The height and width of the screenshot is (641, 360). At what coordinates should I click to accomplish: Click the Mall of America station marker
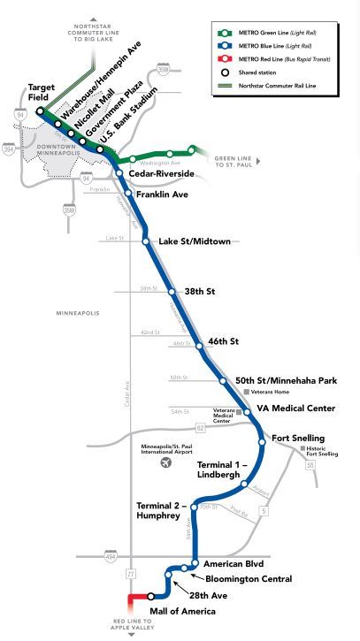[x=151, y=597]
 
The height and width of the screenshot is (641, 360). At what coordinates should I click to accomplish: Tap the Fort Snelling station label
[x=298, y=439]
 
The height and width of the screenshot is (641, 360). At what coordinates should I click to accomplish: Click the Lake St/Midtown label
[x=194, y=241]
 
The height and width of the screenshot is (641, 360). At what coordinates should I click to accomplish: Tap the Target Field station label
[x=42, y=94]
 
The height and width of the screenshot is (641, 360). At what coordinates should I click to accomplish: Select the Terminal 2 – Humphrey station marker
[x=194, y=507]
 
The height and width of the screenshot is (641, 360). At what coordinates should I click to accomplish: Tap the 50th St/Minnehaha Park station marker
[x=224, y=381]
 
